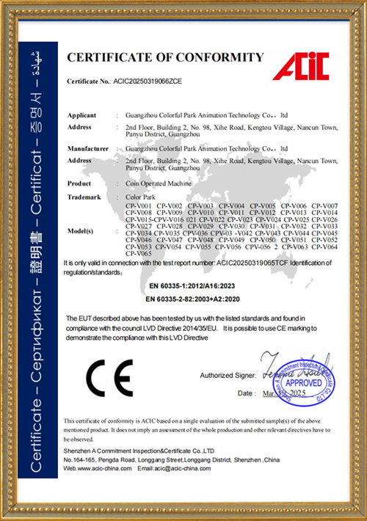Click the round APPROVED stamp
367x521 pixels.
click(302, 382)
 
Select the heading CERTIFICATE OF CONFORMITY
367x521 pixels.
click(165, 57)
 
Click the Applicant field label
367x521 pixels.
click(81, 116)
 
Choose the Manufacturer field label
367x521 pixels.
click(89, 148)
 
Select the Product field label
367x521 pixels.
click(79, 183)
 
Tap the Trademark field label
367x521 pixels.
click(83, 196)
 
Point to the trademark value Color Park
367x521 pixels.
click(142, 196)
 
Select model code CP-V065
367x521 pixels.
click(139, 253)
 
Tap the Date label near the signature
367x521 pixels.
click(246, 394)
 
